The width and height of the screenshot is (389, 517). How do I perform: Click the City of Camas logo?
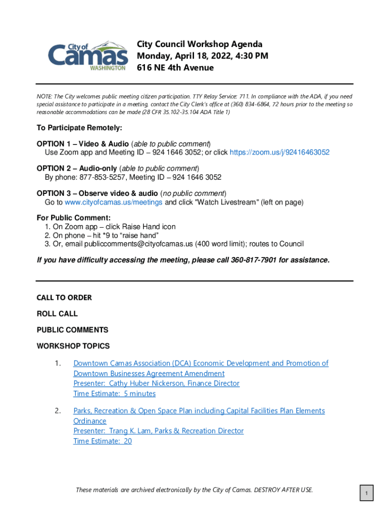[87, 56]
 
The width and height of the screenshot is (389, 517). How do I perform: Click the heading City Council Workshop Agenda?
[200, 44]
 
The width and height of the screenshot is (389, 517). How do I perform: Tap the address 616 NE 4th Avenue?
[175, 68]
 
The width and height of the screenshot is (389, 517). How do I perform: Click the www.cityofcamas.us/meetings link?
[114, 202]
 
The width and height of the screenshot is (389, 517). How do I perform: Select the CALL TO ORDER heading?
[64, 298]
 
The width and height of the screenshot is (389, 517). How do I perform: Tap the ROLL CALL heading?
[57, 314]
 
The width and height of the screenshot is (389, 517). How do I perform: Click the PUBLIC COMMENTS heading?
[72, 330]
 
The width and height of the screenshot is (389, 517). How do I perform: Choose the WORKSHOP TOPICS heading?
[73, 346]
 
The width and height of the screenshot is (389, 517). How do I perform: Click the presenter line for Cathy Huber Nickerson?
[156, 384]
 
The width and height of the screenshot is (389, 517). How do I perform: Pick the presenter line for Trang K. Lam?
[158, 431]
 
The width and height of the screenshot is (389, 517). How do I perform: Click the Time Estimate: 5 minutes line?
[114, 394]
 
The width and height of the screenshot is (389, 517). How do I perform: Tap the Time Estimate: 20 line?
[103, 441]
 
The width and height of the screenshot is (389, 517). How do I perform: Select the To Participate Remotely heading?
[79, 128]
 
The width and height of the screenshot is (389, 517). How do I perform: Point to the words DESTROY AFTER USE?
[283, 490]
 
